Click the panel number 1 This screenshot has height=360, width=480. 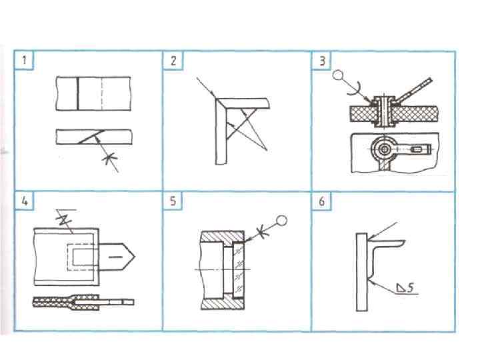click(25, 61)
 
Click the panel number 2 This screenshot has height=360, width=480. click(173, 61)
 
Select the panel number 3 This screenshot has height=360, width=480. click(323, 61)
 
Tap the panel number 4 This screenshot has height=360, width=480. click(25, 202)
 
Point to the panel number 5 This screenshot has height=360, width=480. click(173, 202)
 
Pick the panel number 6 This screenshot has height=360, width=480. click(323, 202)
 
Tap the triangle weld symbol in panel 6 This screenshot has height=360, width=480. click(401, 289)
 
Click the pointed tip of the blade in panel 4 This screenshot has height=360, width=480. click(135, 256)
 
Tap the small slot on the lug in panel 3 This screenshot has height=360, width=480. click(417, 149)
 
